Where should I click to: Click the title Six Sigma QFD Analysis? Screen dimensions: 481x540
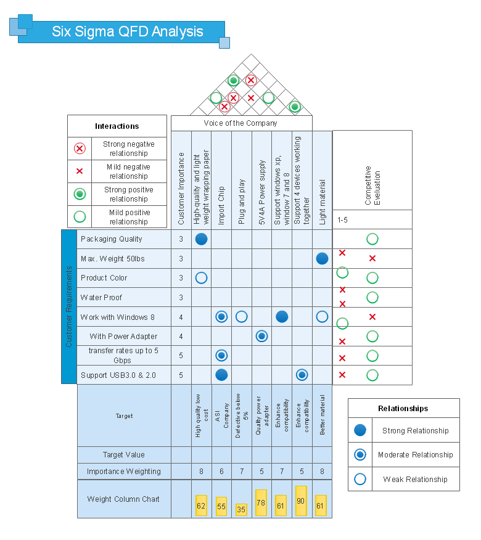(128, 31)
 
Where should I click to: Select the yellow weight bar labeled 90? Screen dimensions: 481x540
(301, 501)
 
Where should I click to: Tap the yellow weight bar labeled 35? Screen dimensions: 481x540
(241, 510)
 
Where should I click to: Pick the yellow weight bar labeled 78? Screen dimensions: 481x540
(261, 503)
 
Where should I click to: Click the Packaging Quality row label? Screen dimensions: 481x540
(111, 239)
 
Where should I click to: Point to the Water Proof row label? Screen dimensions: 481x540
(101, 298)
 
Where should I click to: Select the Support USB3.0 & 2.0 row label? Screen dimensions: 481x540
(118, 375)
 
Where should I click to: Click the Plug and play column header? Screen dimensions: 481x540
(242, 202)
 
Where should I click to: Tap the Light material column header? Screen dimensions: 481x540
(322, 202)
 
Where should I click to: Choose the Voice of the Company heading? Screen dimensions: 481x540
(240, 123)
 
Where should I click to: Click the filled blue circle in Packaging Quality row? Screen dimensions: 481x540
(201, 239)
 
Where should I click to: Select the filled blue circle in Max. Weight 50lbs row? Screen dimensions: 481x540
(322, 258)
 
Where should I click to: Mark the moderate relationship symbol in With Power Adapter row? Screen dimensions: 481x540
(262, 336)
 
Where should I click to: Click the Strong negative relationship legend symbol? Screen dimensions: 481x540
(80, 149)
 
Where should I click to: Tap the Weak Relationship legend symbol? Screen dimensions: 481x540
(360, 479)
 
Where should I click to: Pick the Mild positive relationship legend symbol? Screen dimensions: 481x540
(80, 216)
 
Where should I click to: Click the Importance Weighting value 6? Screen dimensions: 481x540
(221, 471)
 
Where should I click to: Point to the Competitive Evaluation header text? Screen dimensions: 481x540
(372, 186)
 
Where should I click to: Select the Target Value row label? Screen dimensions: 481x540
(124, 454)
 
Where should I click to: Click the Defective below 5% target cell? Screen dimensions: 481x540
(242, 415)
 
